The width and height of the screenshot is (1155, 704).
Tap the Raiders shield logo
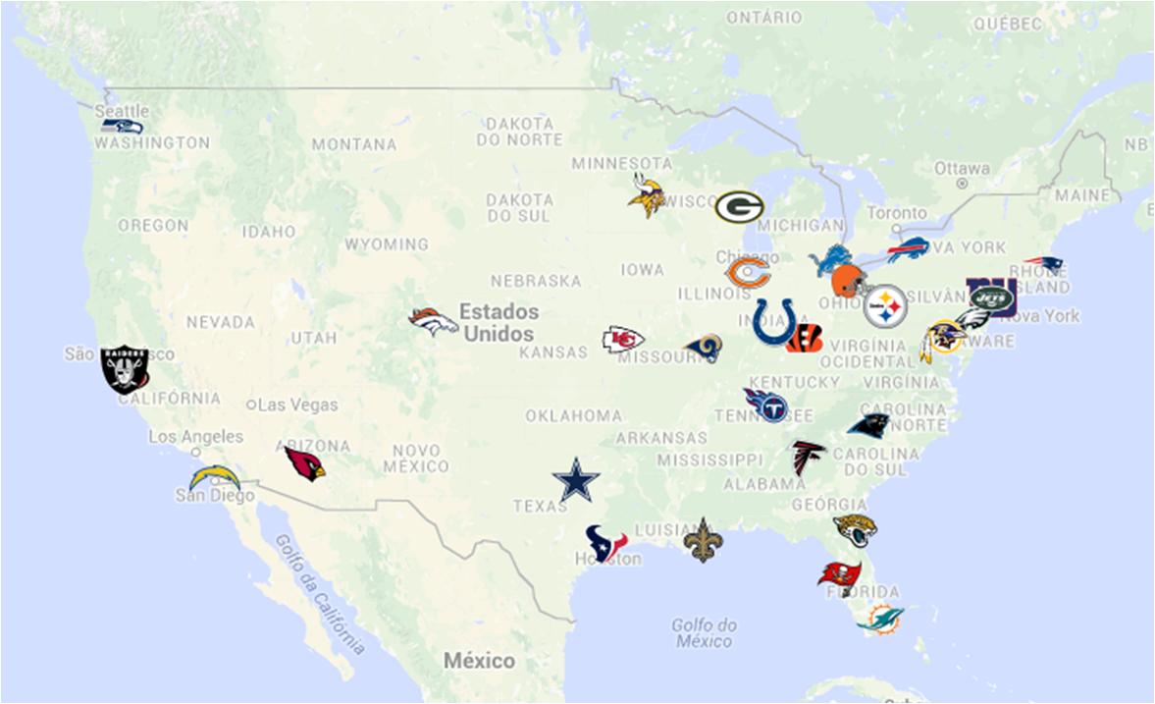126,369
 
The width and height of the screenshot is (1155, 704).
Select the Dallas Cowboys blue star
576,480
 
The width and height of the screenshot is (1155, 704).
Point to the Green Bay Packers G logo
739,206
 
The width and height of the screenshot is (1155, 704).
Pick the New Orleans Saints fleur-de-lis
702,540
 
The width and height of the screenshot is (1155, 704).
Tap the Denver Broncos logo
434,321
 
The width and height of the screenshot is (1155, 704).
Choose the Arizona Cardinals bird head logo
304,461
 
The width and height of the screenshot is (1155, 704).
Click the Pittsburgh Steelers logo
885,306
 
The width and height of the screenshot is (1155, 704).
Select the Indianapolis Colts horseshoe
773,322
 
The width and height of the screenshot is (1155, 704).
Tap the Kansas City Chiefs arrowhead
622,340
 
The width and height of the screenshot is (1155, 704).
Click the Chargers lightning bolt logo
214,478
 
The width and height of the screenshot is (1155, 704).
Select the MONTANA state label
354,144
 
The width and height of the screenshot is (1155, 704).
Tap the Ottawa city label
962,168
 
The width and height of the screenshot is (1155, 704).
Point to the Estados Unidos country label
500,322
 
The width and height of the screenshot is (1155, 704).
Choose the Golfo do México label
704,633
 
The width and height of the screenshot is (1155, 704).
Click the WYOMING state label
387,244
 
